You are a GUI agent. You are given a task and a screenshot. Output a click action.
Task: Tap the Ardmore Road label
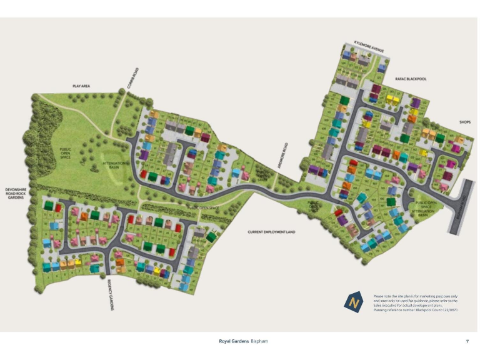click(285, 154)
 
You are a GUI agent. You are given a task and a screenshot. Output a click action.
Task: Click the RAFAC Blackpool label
click(409, 79)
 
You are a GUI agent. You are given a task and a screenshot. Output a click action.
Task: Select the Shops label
click(464, 122)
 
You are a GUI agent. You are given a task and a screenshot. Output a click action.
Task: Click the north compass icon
click(354, 302)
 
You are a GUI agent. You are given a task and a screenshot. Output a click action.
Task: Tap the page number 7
click(467, 341)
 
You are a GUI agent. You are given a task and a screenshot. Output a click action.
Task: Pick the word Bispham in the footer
click(259, 341)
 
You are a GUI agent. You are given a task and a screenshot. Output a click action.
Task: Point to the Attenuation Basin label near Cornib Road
click(115, 164)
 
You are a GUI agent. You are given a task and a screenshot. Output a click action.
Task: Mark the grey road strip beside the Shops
click(461, 207)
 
